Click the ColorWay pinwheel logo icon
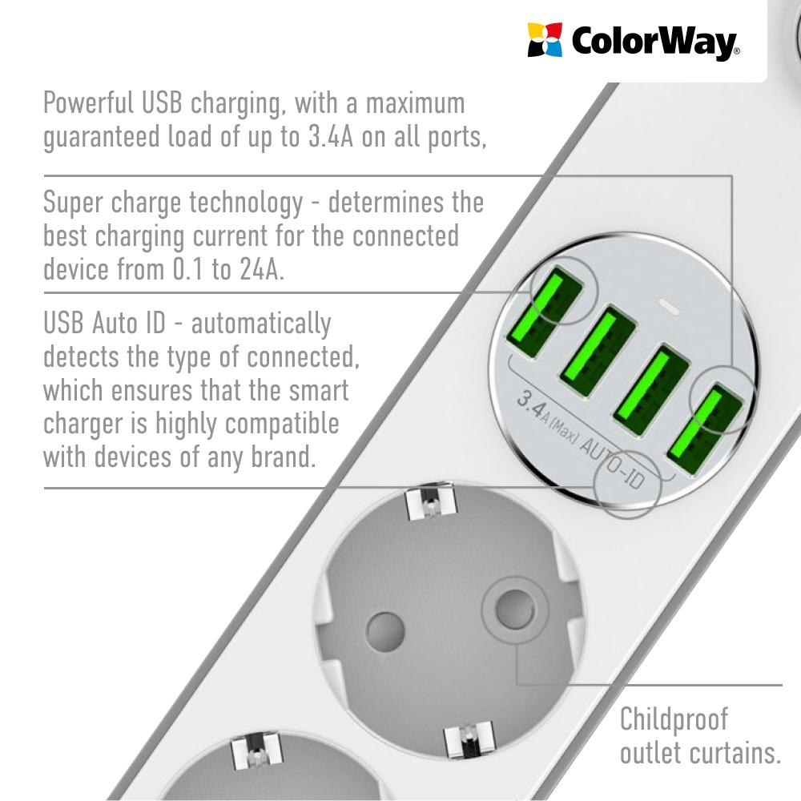pos(545,39)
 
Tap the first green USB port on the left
pos(544,312)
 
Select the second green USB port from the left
pos(598,351)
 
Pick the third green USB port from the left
pos(651,390)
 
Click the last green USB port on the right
pos(705,429)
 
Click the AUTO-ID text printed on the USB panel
pos(613,462)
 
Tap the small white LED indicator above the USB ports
pos(669,308)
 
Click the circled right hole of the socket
pos(514,609)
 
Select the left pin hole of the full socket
pos(385,633)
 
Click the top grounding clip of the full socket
pos(430,501)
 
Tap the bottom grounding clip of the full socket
pos(469,739)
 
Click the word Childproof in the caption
pos(674,719)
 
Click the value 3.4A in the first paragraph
pos(331,136)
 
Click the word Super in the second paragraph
pos(73,203)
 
